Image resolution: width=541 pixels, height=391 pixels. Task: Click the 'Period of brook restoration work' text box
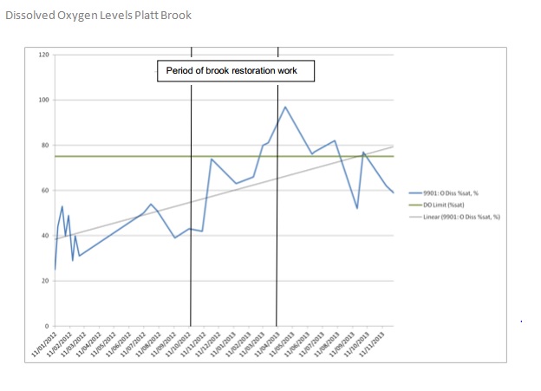pyautogui.click(x=235, y=70)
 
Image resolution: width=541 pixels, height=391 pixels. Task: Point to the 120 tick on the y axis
pyautogui.click(x=44, y=55)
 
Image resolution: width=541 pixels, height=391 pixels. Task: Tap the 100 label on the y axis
pyautogui.click(x=44, y=100)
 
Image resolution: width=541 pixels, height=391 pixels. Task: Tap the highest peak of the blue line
pyautogui.click(x=285, y=107)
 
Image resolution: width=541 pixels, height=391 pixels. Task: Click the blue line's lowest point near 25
pyautogui.click(x=55, y=270)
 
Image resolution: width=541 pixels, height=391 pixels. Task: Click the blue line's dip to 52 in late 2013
pyautogui.click(x=357, y=208)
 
